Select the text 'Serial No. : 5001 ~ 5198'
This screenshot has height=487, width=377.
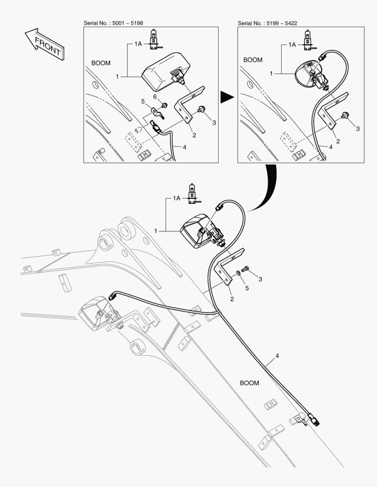coord(114,23)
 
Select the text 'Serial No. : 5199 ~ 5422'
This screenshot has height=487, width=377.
coord(268,23)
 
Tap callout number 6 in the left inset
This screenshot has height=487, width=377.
coord(154,97)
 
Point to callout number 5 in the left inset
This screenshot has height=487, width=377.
coord(143,101)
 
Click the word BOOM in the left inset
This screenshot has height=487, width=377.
coord(101,63)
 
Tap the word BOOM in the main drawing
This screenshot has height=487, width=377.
coord(249,383)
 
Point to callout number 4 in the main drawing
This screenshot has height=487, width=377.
coord(277,356)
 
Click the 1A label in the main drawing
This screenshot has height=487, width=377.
coord(177,198)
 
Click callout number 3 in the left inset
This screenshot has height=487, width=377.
coord(214,122)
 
